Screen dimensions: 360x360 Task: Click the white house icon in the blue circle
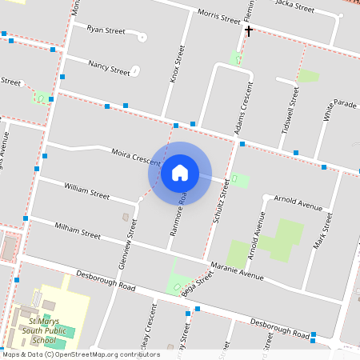(180, 172)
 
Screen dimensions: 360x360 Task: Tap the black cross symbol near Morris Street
(249, 31)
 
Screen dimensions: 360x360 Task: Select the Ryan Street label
(106, 30)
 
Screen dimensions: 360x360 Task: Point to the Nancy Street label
(109, 69)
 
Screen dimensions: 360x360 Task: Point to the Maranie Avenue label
(238, 271)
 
